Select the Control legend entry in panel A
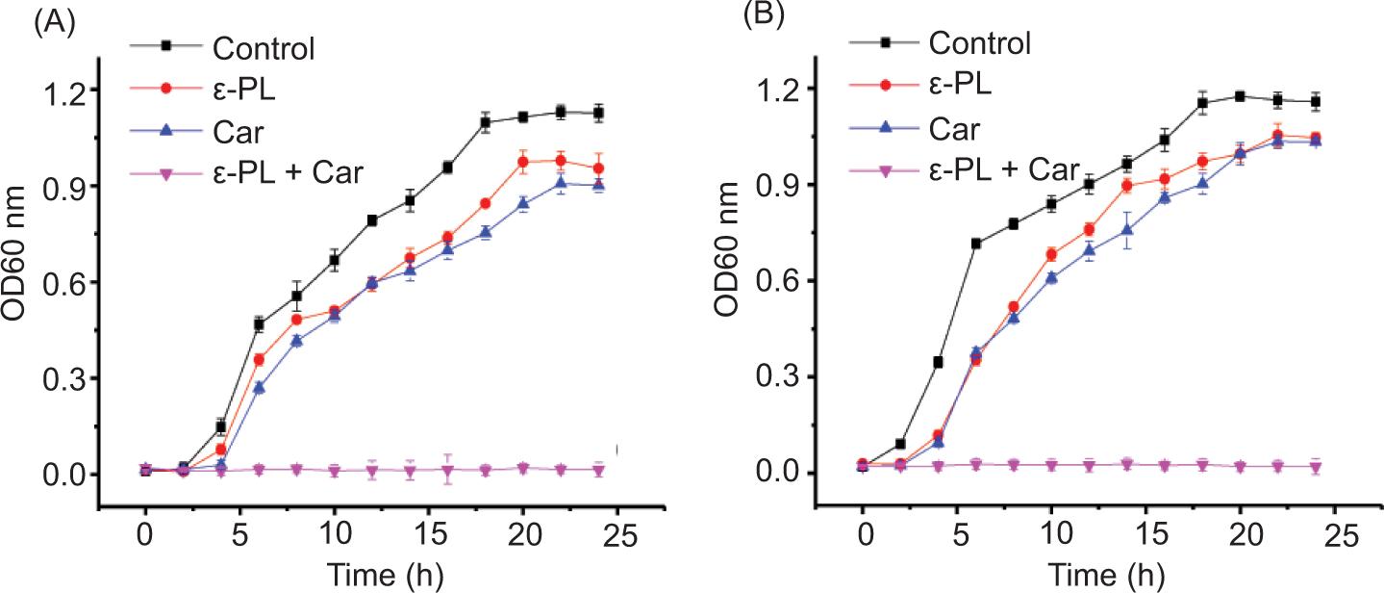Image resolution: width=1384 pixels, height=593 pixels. pyautogui.click(x=255, y=47)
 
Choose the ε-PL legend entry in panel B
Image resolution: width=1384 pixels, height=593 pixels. pyautogui.click(x=961, y=85)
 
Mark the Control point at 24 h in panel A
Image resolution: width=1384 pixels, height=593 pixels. pyautogui.click(x=598, y=113)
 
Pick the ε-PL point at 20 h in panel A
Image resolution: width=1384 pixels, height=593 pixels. pyautogui.click(x=523, y=161)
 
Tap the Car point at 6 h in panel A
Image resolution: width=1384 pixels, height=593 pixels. pyautogui.click(x=259, y=387)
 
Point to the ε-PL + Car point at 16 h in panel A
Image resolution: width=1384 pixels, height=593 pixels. pyautogui.click(x=447, y=471)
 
